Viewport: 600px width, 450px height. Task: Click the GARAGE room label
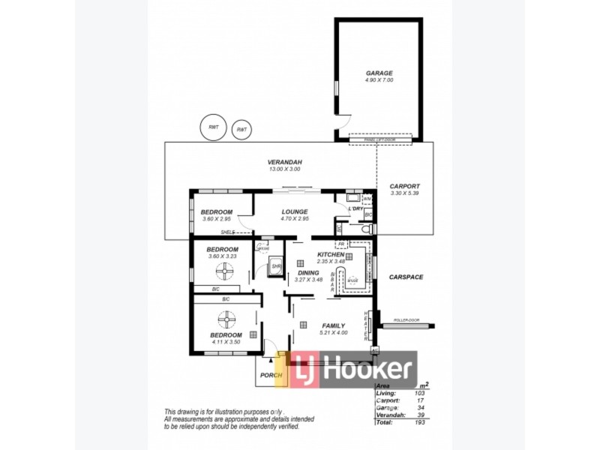coord(379,73)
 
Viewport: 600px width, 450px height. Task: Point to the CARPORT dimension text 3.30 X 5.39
coord(405,193)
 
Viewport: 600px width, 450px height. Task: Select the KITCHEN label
coord(331,254)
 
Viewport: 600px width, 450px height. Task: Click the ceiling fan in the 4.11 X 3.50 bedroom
coord(226,319)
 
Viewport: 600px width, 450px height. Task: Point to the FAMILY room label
coord(333,325)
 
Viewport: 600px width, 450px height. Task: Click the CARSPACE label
coord(406,277)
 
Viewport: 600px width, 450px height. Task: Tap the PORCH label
coord(270,375)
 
